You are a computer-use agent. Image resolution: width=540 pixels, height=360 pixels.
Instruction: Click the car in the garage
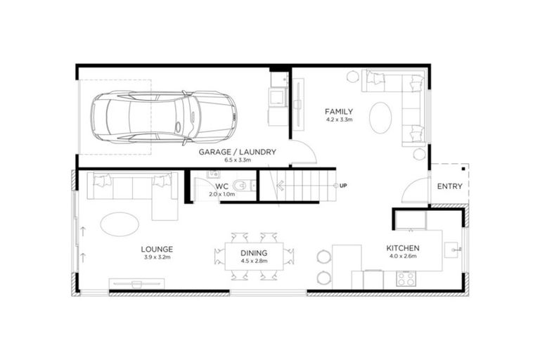pos(164,115)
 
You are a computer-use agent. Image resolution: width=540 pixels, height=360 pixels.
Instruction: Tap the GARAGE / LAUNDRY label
pos(237,151)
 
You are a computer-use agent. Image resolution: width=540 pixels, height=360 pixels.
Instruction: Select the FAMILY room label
pos(339,112)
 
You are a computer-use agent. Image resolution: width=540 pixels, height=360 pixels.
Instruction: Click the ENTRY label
pos(449,186)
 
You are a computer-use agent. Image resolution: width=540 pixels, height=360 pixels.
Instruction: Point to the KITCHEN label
pos(402,249)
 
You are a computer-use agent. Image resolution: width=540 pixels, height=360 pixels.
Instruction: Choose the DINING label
pos(254,252)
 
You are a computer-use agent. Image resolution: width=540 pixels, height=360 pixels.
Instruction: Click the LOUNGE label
pos(157,249)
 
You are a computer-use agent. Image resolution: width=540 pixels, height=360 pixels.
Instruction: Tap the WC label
pos(214,186)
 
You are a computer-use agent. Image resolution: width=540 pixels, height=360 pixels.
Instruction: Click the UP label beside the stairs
pos(343,186)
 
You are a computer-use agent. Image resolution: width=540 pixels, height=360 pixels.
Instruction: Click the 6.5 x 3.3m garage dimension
pos(237,160)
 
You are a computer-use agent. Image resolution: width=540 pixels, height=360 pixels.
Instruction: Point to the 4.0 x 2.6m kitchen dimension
pos(402,257)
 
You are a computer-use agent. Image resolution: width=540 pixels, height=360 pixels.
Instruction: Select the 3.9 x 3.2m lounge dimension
pos(157,257)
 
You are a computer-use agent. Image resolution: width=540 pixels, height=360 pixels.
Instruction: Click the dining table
pos(254,256)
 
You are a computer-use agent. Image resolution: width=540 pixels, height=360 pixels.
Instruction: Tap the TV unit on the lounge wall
pos(137,283)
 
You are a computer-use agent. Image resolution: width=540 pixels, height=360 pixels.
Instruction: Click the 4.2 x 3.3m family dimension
pos(339,120)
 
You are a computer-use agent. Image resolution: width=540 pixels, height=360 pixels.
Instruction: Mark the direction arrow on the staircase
pos(282,186)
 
